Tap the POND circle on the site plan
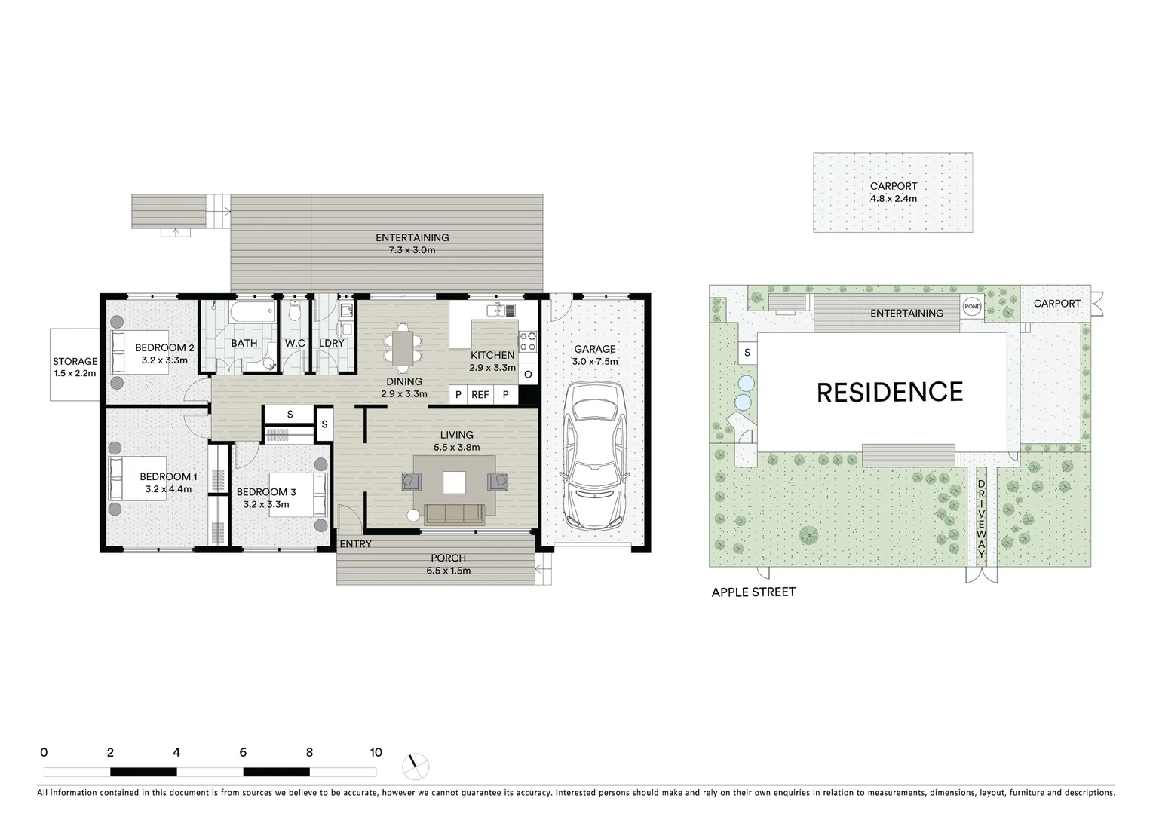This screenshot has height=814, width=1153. pos(972,307)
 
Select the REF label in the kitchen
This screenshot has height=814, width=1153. pos(480,395)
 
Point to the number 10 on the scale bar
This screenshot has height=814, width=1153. pos(376,752)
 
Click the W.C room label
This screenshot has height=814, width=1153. pos(295,344)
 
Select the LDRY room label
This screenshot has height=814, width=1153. pos(331,344)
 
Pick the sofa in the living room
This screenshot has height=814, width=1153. pos(454,514)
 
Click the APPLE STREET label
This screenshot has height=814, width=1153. pos(753,592)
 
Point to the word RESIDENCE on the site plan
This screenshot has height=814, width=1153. pos(890,393)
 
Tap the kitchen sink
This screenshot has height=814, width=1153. pos(498,310)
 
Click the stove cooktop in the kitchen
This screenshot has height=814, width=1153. pos(528,341)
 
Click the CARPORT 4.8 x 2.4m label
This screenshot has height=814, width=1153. pos(893,192)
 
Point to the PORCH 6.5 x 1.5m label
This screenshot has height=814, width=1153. pos(449,564)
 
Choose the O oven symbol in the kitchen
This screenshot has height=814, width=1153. pos(528,375)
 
